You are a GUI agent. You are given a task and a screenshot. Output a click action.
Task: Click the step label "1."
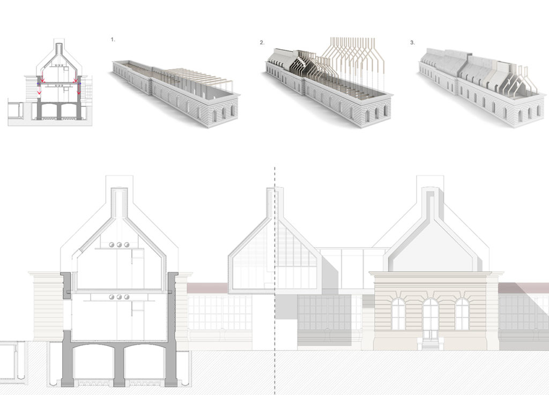[x=113, y=40]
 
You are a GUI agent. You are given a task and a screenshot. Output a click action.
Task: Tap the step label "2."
[x=262, y=43]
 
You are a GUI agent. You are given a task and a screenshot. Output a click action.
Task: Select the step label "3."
[x=412, y=43]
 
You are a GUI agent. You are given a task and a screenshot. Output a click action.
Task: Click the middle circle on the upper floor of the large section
[x=120, y=245]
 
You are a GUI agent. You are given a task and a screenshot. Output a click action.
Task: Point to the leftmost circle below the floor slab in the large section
[x=112, y=297]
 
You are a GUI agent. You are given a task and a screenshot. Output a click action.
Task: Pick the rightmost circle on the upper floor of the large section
[x=127, y=245]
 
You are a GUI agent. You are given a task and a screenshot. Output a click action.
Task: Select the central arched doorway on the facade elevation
[x=431, y=318]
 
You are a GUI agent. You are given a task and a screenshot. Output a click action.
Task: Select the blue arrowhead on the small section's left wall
[x=38, y=84]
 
